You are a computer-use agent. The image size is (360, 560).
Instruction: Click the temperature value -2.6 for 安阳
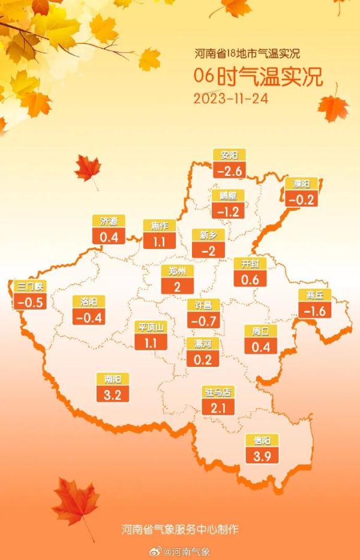pos(229,171)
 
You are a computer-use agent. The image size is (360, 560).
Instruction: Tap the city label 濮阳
pos(301,184)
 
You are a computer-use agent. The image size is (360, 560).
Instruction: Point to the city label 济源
pos(109,221)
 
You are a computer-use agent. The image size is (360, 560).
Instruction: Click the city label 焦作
pos(159,226)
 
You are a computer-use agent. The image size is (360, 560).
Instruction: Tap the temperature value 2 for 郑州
pos(178,286)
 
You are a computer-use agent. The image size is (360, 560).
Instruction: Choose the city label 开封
pos(250,264)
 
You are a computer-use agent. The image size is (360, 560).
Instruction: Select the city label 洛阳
pos(88,301)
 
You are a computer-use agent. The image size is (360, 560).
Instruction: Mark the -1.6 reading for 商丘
pos(314,310)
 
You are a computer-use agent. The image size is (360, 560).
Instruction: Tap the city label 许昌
pos(203,305)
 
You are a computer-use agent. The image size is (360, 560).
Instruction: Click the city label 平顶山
pos(151,327)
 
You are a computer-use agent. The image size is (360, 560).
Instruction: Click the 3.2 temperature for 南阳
pos(112,395)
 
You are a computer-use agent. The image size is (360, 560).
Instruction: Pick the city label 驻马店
pos(219,393)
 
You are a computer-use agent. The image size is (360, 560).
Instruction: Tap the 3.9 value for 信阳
pos(261,457)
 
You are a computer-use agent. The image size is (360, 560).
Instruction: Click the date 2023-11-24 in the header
pos(230,98)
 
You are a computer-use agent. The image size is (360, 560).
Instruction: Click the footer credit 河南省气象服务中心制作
pos(180,529)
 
